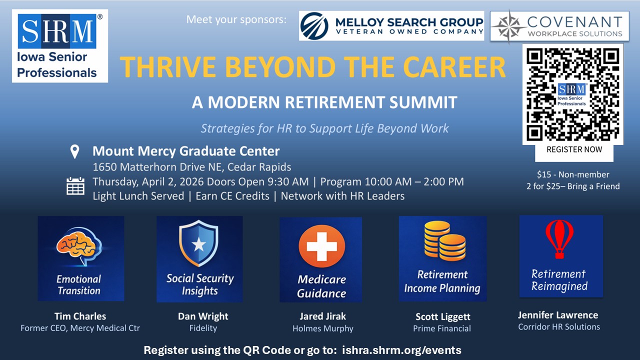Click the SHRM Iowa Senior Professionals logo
click(60, 46)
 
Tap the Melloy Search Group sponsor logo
click(391, 25)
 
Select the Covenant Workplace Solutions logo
click(559, 26)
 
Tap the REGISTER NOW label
click(574, 149)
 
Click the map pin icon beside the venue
click(75, 151)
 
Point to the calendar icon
click(75, 186)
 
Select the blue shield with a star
click(199, 243)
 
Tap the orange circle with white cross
click(321, 246)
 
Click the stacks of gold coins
click(445, 241)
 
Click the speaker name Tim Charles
click(80, 316)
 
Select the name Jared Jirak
click(322, 316)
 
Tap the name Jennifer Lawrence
click(558, 315)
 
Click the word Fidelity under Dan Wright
click(203, 328)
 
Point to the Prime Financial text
click(442, 328)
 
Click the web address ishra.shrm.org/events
click(401, 350)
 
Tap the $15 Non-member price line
click(573, 174)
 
